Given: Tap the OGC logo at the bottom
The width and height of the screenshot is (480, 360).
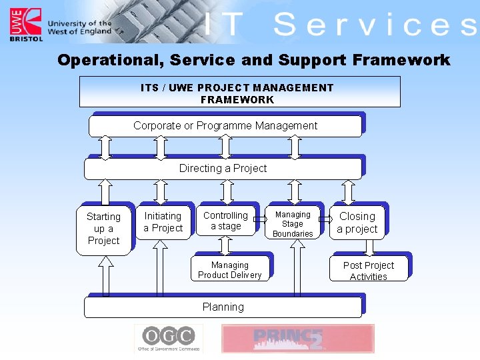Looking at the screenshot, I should (169, 338).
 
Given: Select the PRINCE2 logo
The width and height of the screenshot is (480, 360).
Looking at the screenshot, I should (297, 339).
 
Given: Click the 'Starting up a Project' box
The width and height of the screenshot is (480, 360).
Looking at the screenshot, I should (103, 228).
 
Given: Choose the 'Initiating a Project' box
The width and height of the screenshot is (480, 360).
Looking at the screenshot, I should (163, 222).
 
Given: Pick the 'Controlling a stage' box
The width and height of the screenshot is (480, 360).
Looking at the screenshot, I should (225, 221).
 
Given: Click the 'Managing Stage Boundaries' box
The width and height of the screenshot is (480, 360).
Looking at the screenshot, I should (293, 224).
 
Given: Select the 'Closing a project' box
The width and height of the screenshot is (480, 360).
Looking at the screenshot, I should (357, 223).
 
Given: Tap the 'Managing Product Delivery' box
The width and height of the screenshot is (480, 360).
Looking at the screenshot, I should (229, 269).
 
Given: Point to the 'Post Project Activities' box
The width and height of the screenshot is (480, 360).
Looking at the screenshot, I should (368, 270).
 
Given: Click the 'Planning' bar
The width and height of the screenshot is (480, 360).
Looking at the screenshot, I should (223, 307).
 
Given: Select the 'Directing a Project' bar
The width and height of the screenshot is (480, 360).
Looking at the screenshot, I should (223, 169).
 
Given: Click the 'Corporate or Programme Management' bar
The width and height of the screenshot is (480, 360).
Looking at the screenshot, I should (225, 126).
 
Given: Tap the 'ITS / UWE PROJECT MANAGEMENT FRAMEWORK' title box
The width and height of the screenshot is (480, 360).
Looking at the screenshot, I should (239, 92).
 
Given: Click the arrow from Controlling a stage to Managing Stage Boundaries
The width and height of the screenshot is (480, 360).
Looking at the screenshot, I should (260, 219).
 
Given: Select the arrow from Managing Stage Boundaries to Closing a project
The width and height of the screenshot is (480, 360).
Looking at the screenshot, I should (325, 219).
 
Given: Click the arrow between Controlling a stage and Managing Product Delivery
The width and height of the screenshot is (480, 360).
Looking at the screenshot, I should (225, 245).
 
